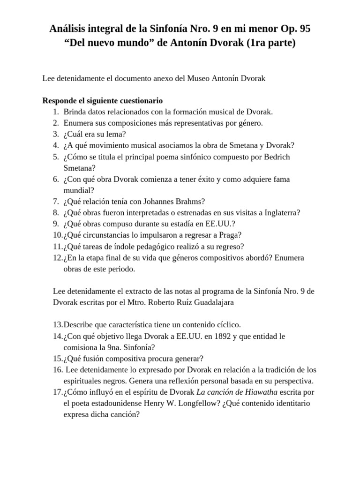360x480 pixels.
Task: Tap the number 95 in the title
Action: coord(303,29)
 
